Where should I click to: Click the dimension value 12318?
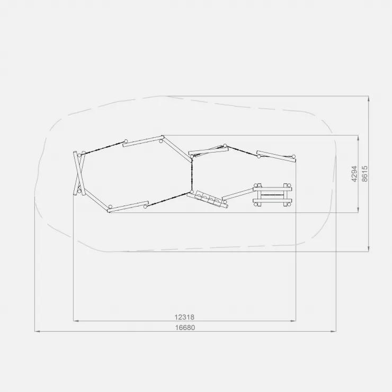(184, 317)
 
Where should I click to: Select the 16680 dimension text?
(185, 327)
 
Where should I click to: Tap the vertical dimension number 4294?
(354, 174)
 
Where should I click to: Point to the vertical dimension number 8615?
(365, 174)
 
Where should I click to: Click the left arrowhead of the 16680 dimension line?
(38, 332)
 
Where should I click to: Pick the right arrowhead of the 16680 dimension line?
(333, 332)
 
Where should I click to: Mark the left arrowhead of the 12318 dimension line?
(76, 320)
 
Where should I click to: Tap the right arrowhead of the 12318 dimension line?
(293, 320)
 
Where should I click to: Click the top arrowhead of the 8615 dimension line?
(369, 99)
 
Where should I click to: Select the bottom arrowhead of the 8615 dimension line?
(369, 249)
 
